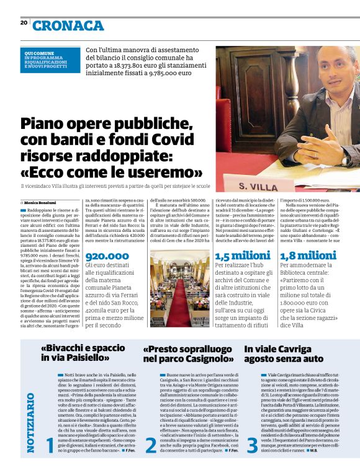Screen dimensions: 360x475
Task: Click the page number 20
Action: click(24, 22)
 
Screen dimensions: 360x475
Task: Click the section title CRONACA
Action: click(68, 25)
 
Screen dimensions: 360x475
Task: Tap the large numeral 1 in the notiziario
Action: click(50, 446)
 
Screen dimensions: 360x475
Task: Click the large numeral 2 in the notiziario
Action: click(150, 446)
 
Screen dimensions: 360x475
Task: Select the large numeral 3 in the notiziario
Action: click(251, 446)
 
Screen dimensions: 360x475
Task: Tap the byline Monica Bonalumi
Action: click(42, 203)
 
